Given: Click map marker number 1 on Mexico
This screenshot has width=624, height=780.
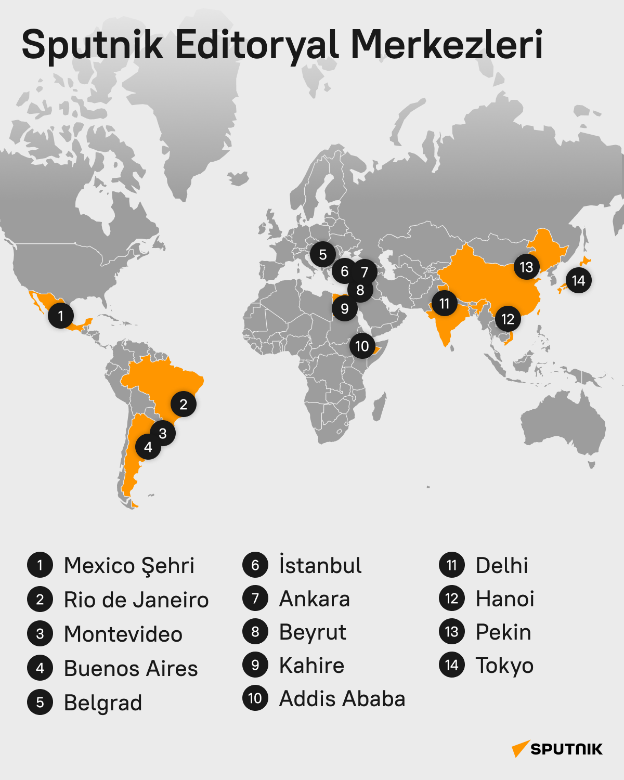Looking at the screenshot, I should point(61,316).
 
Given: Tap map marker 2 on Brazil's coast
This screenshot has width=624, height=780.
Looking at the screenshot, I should point(184,404).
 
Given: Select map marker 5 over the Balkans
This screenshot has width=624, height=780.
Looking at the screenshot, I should point(323,255).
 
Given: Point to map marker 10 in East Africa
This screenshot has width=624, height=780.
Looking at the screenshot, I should point(362,346).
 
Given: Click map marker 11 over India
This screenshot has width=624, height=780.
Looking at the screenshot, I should point(444,303).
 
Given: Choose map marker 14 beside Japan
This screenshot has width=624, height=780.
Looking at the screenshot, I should point(578,281).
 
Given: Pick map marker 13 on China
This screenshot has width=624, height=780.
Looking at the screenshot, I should point(526,267).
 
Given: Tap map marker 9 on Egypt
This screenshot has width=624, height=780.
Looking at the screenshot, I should point(344,308).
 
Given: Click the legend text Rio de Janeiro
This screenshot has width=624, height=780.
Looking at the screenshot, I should point(136,600).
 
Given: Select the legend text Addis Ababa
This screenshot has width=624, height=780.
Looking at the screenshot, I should point(342,699).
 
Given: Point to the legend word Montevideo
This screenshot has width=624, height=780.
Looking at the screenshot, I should point(123,634).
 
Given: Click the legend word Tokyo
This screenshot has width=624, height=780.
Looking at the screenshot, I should point(504,666).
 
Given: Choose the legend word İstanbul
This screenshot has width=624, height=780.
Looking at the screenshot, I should point(320,565).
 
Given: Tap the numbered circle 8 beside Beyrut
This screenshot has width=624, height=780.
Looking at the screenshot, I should point(255,632).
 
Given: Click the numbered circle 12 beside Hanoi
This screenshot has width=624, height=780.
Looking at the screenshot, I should point(452,599).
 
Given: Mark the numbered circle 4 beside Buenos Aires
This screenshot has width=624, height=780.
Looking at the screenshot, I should point(40,668).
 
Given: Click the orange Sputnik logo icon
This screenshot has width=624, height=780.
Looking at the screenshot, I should point(520,748).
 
